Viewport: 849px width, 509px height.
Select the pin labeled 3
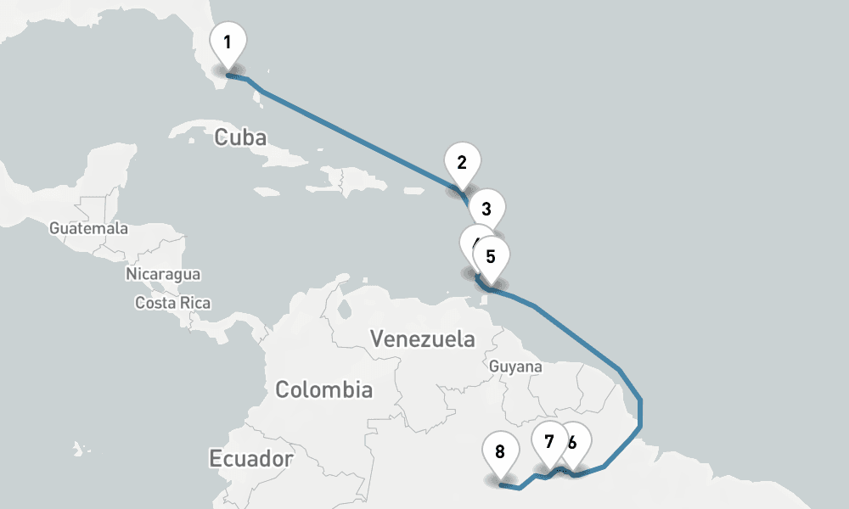(x=486, y=209)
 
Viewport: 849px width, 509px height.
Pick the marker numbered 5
(x=491, y=255)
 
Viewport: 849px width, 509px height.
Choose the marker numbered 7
(x=549, y=441)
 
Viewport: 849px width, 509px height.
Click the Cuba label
(x=240, y=137)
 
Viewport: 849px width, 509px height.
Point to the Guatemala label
(x=88, y=228)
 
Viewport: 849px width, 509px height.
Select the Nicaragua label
(x=163, y=274)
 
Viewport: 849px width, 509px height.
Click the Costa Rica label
(x=172, y=302)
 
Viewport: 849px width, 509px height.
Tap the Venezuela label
(x=423, y=339)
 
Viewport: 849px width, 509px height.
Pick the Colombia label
(x=323, y=390)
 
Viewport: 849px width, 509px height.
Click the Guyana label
(x=516, y=366)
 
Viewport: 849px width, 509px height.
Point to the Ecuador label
(x=251, y=459)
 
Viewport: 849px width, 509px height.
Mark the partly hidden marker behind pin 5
(x=471, y=241)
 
